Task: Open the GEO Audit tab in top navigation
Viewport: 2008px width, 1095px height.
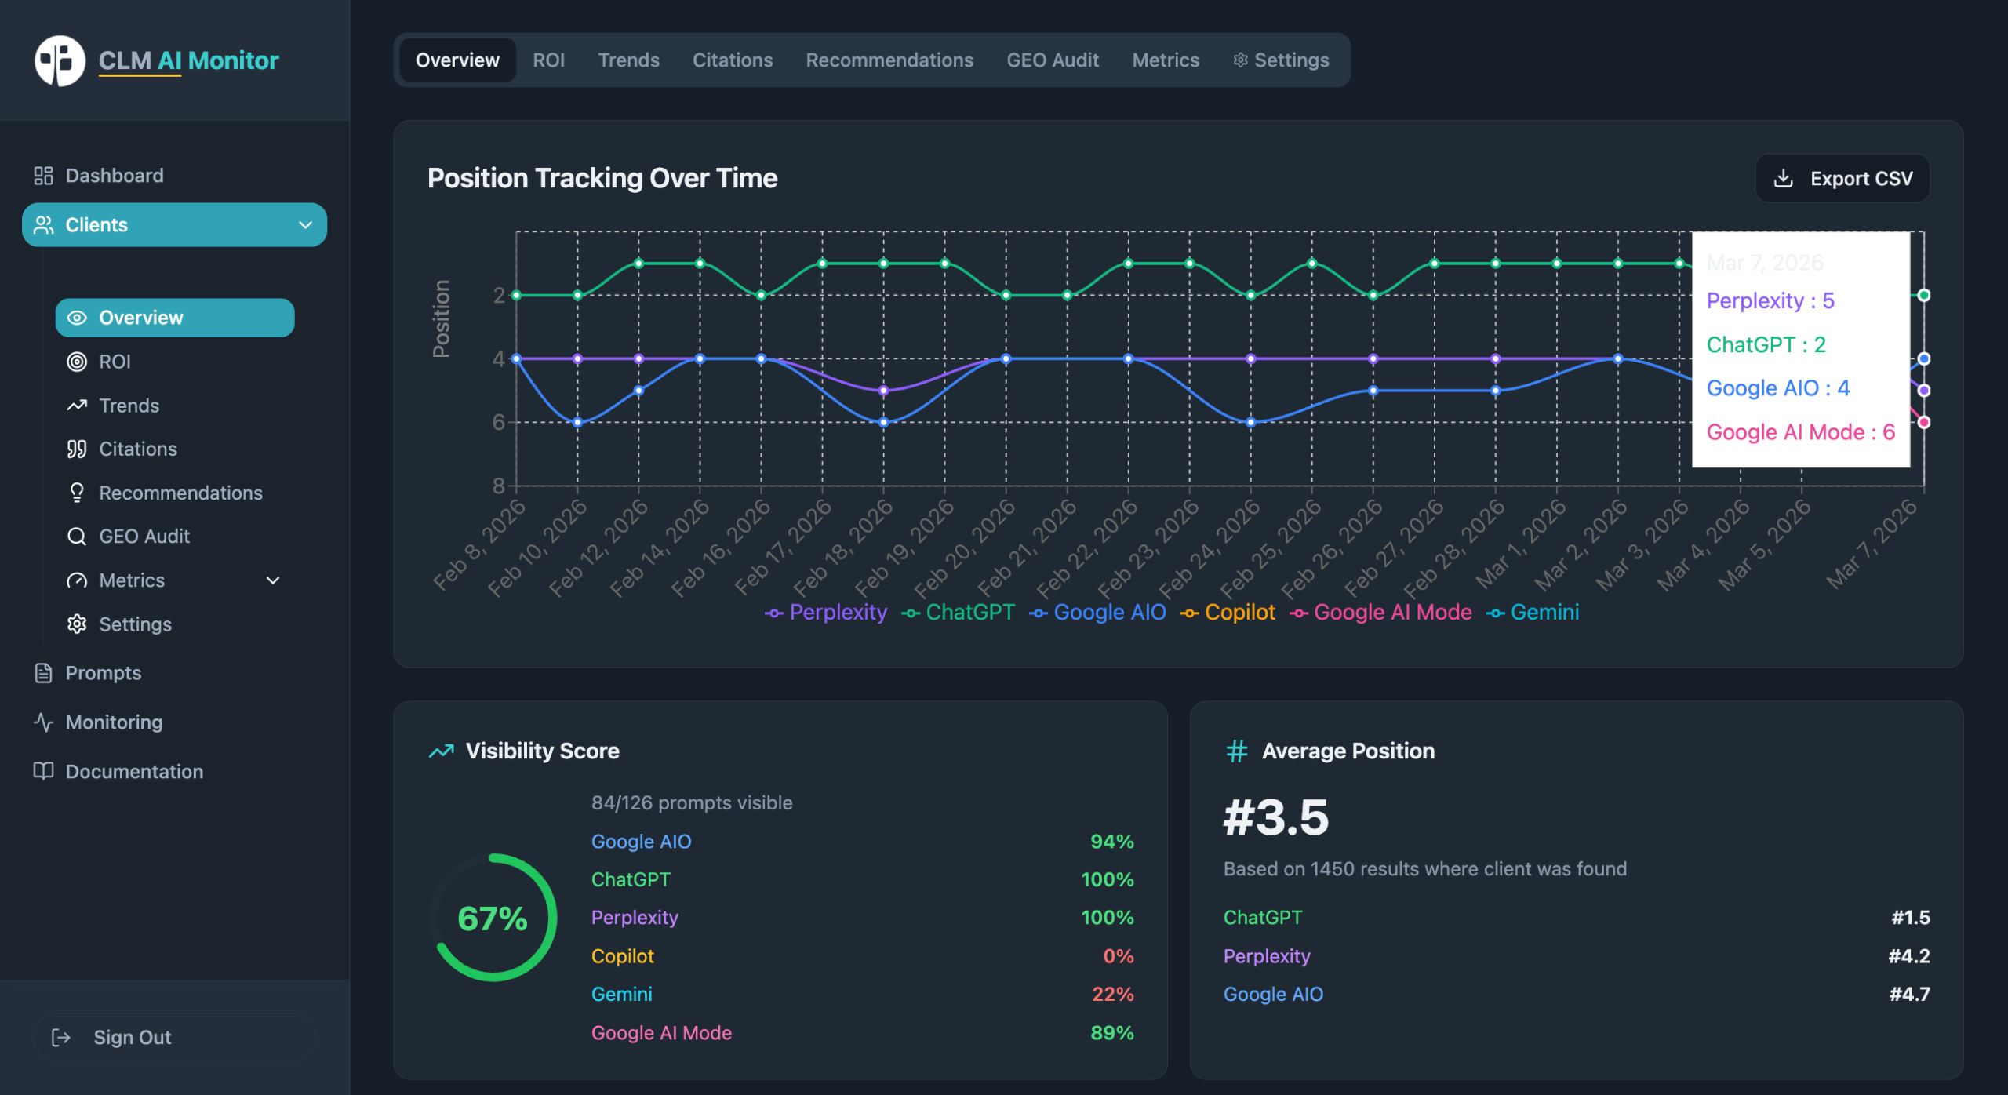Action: tap(1052, 60)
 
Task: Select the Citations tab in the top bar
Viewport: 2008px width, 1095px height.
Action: tap(732, 60)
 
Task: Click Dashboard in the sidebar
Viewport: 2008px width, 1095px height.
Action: tap(114, 176)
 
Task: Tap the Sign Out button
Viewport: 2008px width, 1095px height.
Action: tap(132, 1037)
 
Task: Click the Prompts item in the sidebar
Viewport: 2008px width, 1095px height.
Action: tap(103, 673)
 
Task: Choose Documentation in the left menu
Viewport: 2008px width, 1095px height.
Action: tap(133, 771)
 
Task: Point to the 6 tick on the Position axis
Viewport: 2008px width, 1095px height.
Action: tap(499, 422)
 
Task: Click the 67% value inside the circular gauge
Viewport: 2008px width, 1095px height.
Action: tap(493, 918)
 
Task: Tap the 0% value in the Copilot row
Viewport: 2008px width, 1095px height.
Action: tap(1118, 956)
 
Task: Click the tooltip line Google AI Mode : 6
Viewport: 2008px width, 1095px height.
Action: tap(1800, 432)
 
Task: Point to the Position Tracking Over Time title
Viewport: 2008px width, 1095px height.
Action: tap(602, 179)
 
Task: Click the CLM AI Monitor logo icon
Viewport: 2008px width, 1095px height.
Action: tap(60, 60)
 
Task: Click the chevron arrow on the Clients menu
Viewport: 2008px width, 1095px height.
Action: tap(306, 225)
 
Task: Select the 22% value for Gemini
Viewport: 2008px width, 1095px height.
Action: tap(1112, 994)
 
